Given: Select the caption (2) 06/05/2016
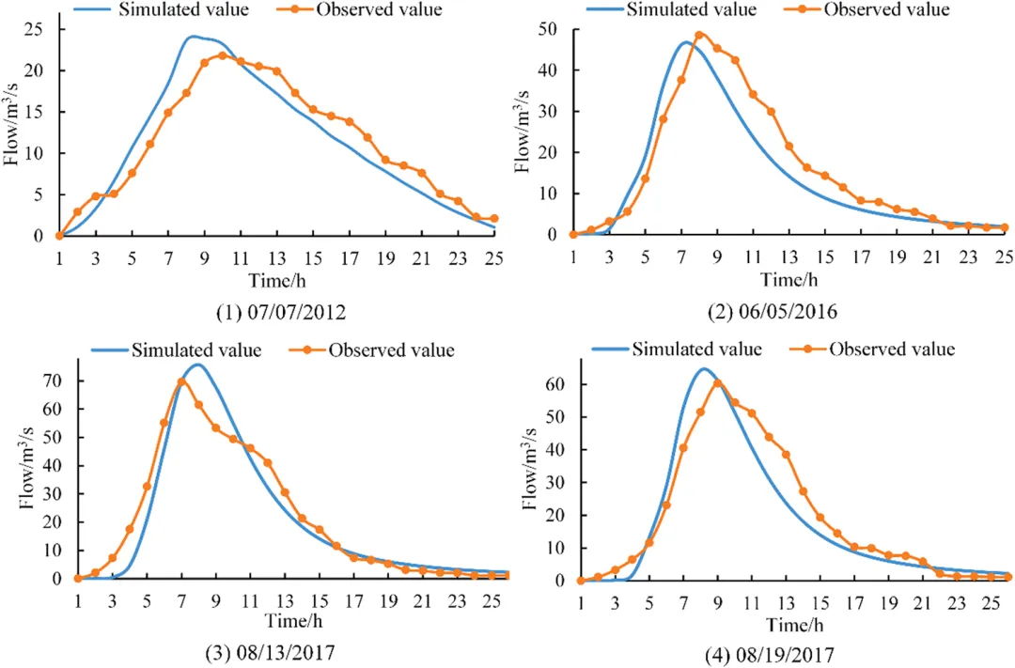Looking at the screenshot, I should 773,309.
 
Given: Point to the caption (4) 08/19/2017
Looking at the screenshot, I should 773,650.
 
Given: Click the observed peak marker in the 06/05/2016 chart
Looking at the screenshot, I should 699,36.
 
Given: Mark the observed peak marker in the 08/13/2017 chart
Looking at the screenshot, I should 181,381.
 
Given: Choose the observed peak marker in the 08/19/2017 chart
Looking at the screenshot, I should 717,383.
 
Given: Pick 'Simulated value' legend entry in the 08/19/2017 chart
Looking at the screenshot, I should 682,350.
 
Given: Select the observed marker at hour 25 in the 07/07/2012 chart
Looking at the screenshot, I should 494,219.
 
